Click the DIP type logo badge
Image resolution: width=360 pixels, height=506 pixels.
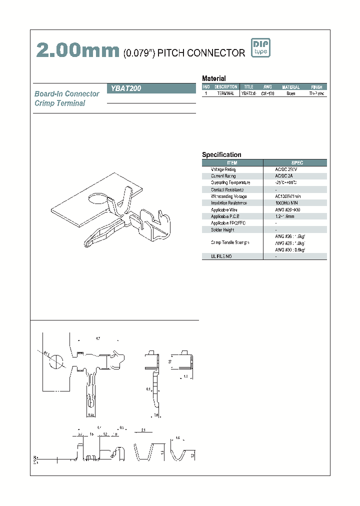[260, 48]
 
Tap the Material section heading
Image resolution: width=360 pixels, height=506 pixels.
[213, 78]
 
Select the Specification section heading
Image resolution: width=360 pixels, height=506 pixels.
[221, 155]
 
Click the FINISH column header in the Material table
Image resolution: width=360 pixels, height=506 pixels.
[316, 87]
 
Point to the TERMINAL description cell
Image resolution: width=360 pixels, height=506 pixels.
[225, 93]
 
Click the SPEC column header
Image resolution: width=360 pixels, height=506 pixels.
[297, 163]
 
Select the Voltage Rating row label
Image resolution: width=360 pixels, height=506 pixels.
[223, 170]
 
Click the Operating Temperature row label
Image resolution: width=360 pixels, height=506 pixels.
[230, 183]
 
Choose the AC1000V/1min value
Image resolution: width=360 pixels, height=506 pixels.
[287, 196]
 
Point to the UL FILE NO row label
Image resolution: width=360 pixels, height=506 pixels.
[217, 256]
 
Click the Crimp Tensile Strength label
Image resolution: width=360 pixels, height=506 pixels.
[230, 242]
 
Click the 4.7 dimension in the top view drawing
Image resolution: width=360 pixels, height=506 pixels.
[97, 339]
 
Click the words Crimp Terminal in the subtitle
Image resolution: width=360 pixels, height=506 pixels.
[60, 103]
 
